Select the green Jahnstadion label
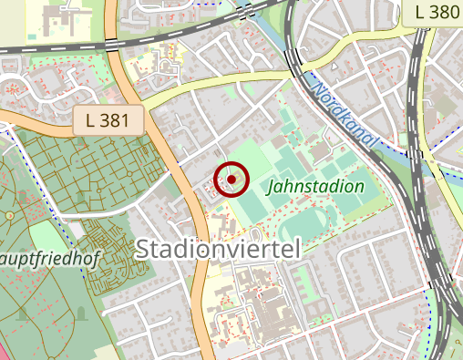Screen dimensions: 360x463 316,187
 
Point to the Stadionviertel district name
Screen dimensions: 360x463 218,250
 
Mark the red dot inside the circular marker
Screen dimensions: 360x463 232,180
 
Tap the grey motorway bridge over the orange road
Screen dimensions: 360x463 109,41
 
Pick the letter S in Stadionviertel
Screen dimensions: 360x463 144,250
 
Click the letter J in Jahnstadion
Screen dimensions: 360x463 272,187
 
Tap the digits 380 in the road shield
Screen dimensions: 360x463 441,13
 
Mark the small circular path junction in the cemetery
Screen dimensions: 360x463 9,216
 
